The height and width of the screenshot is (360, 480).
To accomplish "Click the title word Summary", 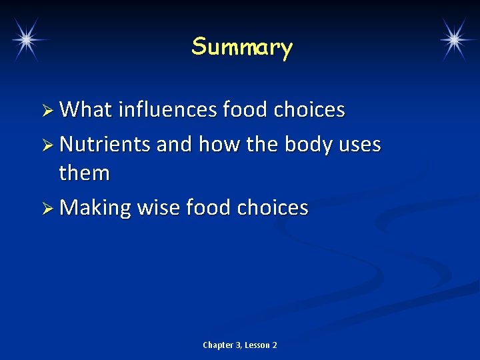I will coord(242,47).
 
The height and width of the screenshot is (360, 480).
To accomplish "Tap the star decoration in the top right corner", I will coord(454,39).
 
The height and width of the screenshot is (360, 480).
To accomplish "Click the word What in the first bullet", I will coord(86,109).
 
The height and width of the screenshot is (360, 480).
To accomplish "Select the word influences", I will coord(168,109).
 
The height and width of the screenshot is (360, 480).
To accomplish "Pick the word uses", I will coord(359,144).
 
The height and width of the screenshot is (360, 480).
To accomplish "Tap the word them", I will coord(84,173).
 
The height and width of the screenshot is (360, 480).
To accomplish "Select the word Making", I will coord(95,208).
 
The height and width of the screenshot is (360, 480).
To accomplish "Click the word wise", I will coord(159,207).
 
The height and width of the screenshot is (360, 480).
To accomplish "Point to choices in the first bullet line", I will coord(312,109).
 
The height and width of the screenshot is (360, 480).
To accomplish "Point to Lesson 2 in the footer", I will coord(261,345).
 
